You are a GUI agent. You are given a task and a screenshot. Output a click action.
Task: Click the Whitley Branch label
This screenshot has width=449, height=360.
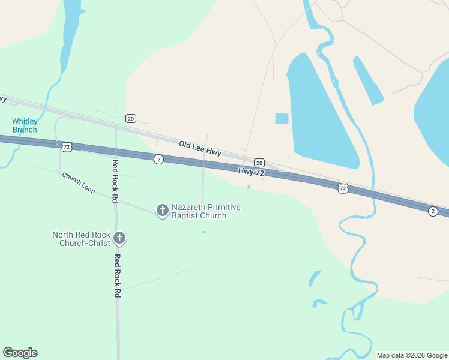(25, 125)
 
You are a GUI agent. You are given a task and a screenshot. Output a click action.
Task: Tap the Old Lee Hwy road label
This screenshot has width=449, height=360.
(200, 148)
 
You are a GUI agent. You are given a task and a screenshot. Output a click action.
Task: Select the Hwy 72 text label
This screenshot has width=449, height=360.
(251, 172)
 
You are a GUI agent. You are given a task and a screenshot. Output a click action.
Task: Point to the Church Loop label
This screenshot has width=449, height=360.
(78, 183)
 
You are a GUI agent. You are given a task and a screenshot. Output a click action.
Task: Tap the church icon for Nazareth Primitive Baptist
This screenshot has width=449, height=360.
(162, 210)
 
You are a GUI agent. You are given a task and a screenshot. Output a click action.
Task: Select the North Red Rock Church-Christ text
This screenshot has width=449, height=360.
(81, 239)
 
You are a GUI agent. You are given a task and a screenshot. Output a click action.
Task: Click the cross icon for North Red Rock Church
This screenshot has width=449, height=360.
(119, 238)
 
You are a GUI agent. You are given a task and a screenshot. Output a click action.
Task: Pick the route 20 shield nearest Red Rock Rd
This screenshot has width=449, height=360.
(131, 118)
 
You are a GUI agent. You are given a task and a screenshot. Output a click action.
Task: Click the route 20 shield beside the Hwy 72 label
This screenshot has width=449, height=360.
(259, 163)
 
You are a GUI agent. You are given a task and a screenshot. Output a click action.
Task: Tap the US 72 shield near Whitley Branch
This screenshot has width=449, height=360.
(67, 146)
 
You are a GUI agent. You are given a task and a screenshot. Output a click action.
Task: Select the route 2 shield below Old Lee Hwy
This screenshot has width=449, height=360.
(158, 159)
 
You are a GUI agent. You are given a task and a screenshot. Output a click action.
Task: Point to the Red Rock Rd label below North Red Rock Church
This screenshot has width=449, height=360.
(118, 276)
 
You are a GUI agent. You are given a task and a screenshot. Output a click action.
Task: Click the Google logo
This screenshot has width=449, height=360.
(20, 353)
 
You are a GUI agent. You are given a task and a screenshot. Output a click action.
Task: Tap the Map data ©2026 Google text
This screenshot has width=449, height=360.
(412, 355)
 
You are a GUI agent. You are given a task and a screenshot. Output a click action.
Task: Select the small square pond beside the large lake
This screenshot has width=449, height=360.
(282, 118)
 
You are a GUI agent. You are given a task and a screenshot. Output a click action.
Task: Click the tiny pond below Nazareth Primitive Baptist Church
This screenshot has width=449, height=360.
(204, 232)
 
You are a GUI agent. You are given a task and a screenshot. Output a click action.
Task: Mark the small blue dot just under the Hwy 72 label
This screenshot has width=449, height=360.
(249, 186)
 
